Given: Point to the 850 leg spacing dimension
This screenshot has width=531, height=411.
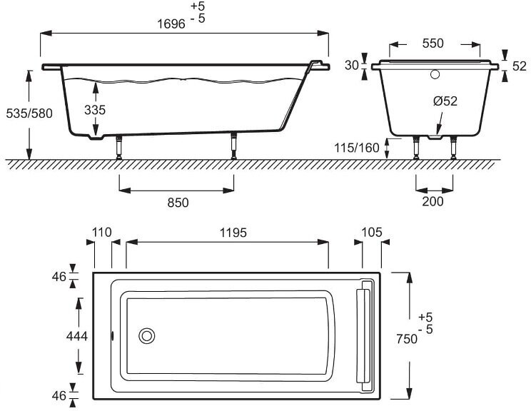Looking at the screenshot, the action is coord(178,203).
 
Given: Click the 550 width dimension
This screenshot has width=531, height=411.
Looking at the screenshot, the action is coord(433,43).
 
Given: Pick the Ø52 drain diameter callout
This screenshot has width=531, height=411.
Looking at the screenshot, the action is coord(445,101).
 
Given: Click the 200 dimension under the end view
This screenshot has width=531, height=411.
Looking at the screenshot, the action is coord(433,201).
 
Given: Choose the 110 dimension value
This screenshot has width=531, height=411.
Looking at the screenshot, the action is coord(103,232).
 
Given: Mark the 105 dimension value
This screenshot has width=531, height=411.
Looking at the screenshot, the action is coord(372,232).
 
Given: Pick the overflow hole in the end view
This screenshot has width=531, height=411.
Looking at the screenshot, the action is coord(434,73).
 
